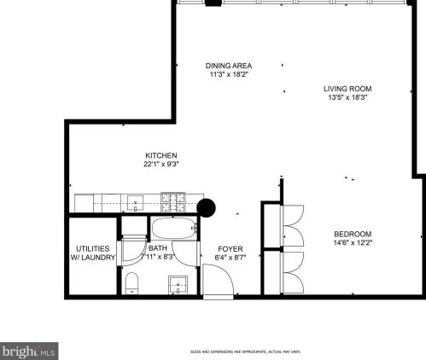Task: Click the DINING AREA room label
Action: (x=228, y=66)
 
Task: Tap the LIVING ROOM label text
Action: (x=347, y=89)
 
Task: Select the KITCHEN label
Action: (x=160, y=155)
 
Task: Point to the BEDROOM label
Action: (x=353, y=234)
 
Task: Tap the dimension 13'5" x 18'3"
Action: (x=347, y=98)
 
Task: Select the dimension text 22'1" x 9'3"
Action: (x=160, y=165)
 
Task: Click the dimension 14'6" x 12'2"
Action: (x=353, y=243)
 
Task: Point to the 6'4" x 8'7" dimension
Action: (x=231, y=257)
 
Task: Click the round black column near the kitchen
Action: (x=207, y=206)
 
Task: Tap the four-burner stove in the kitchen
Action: (x=173, y=203)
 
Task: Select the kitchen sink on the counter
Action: (x=135, y=203)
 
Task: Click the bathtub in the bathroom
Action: (x=174, y=228)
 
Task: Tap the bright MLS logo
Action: (x=29, y=351)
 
